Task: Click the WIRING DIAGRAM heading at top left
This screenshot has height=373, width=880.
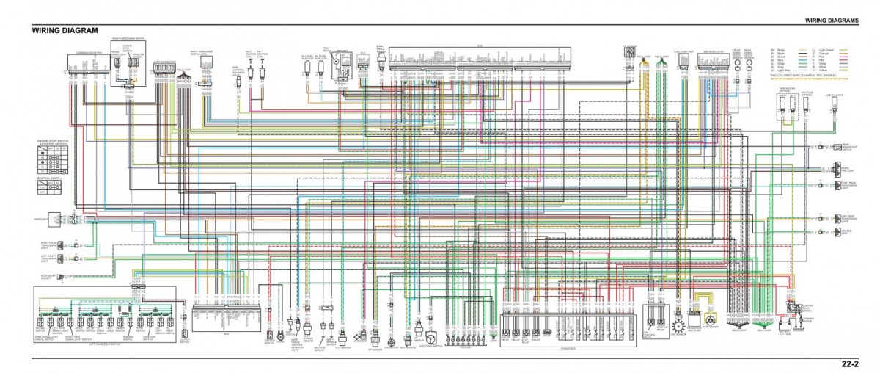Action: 65,31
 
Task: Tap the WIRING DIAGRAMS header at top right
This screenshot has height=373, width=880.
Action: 831,20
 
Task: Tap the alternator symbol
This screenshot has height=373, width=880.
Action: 710,320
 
